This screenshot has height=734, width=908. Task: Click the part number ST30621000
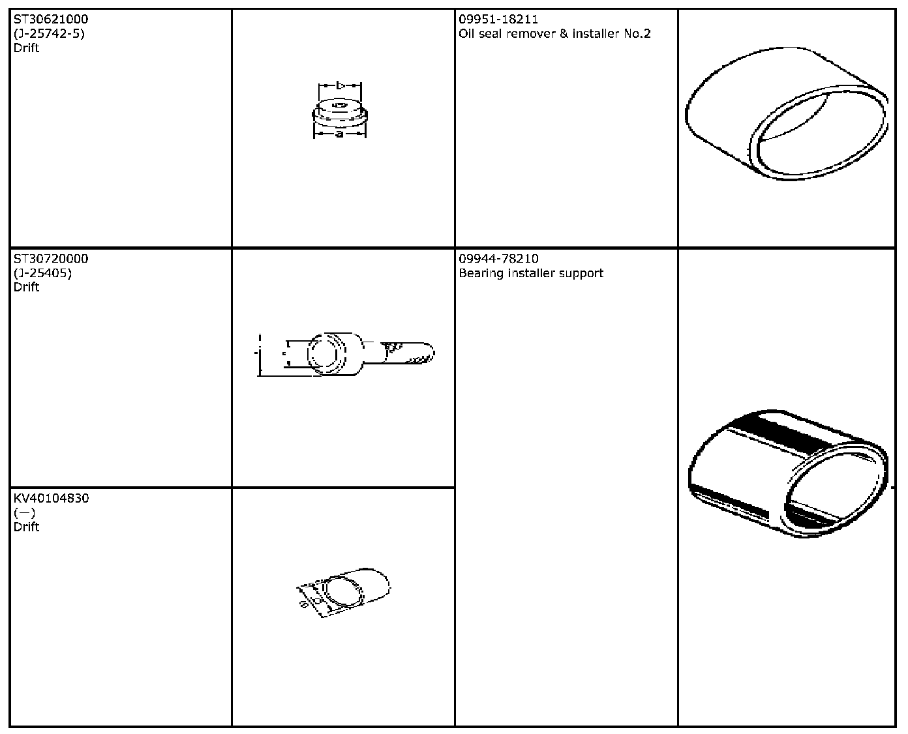(51, 20)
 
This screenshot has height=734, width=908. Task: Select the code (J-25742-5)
(49, 34)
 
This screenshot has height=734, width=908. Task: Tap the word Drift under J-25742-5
(27, 48)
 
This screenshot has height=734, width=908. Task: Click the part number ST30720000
(51, 259)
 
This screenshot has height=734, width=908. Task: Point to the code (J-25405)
(42, 273)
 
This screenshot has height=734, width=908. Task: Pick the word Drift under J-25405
(27, 287)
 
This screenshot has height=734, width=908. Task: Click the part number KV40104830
(51, 499)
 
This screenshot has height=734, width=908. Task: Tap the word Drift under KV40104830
(27, 527)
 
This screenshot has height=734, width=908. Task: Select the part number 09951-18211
(498, 20)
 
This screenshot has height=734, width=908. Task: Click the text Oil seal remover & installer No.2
(554, 34)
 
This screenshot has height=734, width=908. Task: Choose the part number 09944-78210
(498, 259)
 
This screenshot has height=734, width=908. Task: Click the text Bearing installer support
(530, 273)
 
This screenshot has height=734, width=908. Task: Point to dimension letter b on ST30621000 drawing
(340, 85)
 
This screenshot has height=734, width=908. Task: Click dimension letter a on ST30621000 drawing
(339, 134)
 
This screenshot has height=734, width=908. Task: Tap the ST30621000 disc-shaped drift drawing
(340, 111)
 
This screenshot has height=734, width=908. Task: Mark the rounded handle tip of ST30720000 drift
(427, 353)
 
